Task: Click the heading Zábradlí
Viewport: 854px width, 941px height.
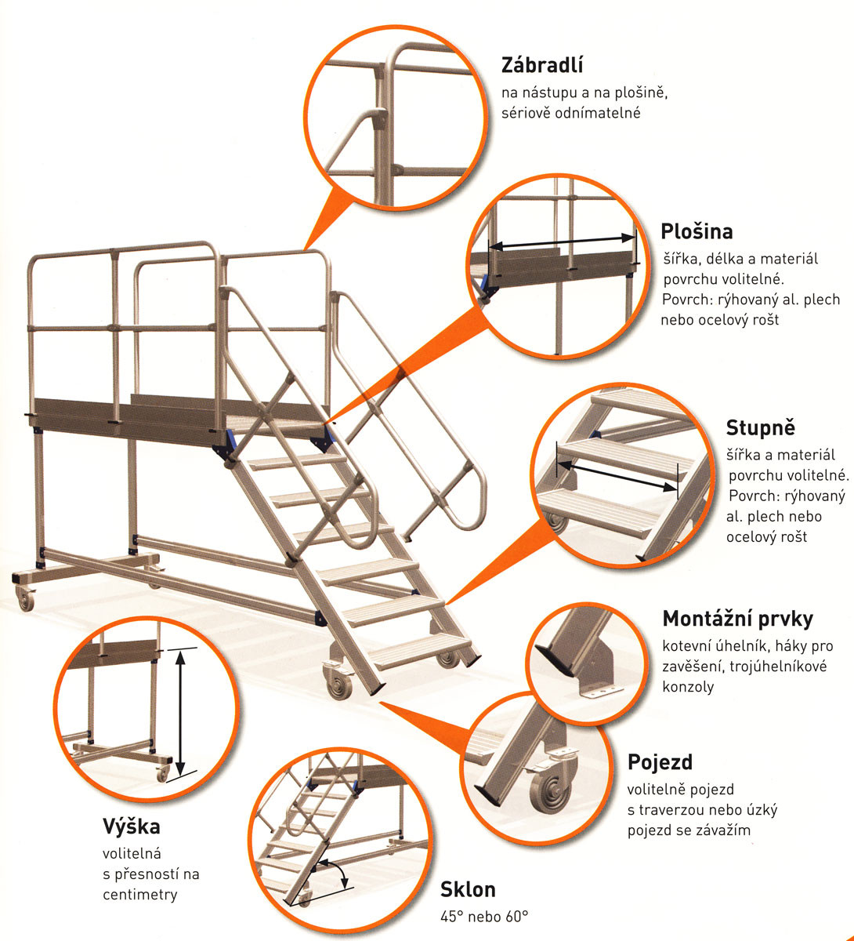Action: [x=543, y=65]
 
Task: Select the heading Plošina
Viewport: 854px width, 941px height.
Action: [x=697, y=232]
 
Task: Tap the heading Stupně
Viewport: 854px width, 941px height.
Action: [x=760, y=428]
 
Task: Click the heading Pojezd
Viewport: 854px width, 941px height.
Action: [x=660, y=762]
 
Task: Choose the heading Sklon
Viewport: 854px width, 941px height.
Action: [x=468, y=889]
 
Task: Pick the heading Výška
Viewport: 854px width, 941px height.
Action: [x=131, y=827]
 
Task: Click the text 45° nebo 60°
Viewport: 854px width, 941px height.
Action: [x=484, y=915]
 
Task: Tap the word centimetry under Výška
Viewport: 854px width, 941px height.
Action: [x=140, y=894]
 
